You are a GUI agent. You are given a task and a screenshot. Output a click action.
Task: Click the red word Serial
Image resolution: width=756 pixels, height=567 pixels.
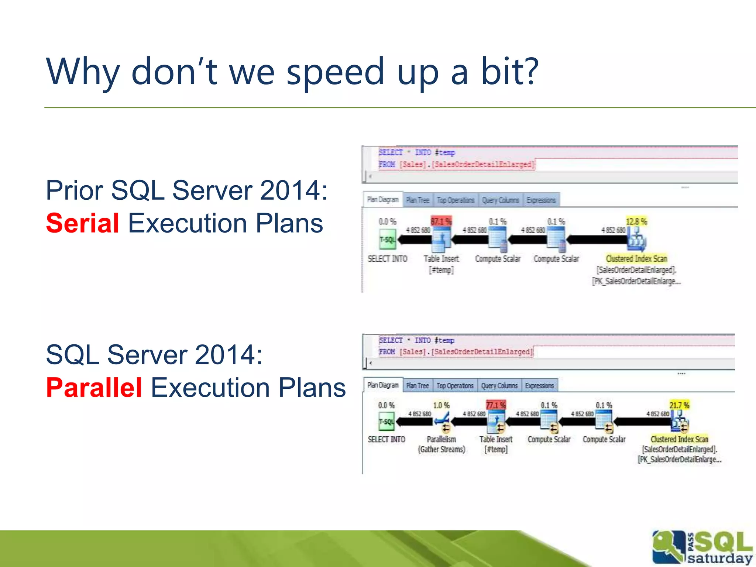click(x=82, y=223)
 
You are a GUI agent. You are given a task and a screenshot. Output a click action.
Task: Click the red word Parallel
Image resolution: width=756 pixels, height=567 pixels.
click(x=94, y=388)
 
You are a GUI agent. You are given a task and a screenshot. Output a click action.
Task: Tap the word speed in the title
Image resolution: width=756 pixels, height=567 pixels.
click(x=336, y=72)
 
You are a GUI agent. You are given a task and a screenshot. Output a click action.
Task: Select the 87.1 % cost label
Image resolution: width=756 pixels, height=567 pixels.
click(x=441, y=221)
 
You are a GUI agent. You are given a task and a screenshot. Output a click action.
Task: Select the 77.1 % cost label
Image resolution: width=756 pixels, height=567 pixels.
click(x=495, y=405)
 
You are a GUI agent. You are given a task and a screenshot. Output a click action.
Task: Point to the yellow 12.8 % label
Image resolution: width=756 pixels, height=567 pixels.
click(x=636, y=221)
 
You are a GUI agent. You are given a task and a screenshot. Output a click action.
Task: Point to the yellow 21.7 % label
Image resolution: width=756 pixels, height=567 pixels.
click(x=679, y=405)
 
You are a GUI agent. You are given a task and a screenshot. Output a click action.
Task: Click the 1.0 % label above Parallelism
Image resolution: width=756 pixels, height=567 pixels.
click(x=441, y=405)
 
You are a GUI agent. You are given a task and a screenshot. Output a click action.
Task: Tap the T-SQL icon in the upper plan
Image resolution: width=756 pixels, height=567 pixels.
click(x=387, y=240)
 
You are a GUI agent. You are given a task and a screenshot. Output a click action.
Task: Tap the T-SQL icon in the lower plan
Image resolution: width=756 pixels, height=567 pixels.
click(x=386, y=422)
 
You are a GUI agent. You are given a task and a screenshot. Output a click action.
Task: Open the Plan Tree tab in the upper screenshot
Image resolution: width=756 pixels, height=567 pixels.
click(x=417, y=200)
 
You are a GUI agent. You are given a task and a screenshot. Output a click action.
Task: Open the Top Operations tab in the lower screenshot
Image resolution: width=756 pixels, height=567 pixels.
click(x=455, y=386)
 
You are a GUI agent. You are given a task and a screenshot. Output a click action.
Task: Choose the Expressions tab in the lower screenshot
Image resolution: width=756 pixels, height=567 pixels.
click(x=539, y=386)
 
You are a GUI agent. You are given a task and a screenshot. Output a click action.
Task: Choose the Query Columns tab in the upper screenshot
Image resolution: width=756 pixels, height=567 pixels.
click(x=500, y=200)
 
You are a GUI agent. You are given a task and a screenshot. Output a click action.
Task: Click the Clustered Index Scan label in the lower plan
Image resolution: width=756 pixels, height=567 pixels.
click(x=679, y=439)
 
